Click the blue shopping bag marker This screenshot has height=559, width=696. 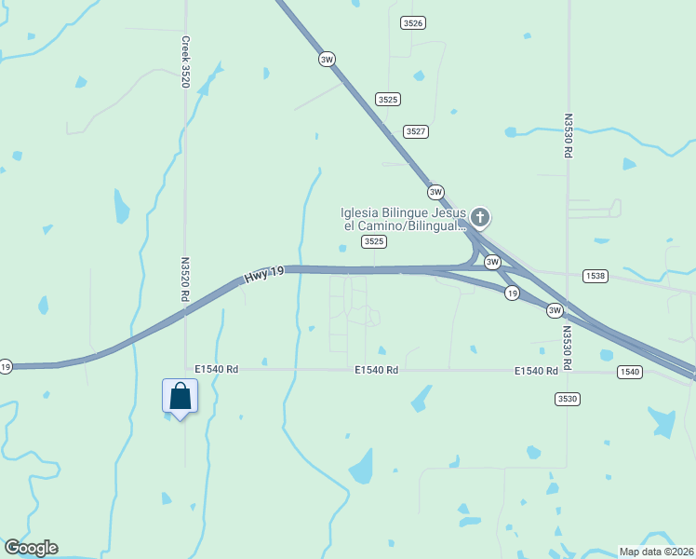[180, 396]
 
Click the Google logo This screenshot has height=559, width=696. [31, 548]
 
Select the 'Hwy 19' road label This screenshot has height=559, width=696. [263, 277]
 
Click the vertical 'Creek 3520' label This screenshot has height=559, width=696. [185, 62]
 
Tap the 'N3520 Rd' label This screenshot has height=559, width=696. [185, 279]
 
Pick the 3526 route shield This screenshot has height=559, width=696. [413, 22]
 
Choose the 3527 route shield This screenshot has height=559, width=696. [416, 131]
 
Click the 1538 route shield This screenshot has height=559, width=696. [596, 276]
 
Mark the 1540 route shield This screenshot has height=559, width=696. [629, 372]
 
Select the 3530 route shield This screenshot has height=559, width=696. [567, 399]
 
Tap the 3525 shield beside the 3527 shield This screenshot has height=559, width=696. [388, 99]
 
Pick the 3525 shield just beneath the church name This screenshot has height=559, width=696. [374, 241]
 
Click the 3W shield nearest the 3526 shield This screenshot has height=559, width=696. [326, 59]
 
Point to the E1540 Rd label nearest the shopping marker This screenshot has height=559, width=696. [217, 370]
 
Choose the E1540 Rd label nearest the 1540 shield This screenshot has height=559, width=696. [536, 371]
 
